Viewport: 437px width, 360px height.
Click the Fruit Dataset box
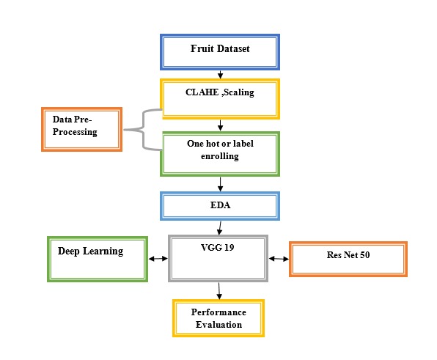220,52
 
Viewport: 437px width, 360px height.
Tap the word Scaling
239,92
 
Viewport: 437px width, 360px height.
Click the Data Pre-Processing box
81,129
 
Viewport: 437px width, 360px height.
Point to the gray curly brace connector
143,130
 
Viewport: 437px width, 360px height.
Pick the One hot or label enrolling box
220,154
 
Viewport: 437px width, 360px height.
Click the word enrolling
220,156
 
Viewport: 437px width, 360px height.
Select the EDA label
220,205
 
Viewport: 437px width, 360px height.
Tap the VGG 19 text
217,247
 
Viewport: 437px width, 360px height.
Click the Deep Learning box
98,259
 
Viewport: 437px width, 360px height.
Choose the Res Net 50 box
348,259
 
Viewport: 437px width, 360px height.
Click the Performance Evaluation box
218,318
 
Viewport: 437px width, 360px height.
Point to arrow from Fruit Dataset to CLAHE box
220,75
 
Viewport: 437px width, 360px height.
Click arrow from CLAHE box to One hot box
220,125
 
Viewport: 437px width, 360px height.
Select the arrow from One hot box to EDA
220,184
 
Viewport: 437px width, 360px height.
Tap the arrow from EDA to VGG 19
220,228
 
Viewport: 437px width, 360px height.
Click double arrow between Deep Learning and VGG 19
158,259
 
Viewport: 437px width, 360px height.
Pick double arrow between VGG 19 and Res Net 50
279,259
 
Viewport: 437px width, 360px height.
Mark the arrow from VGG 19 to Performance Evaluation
219,291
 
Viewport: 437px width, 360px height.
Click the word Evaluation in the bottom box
218,325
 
